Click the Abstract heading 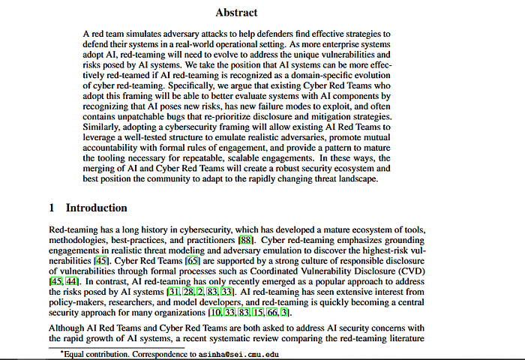pyautogui.click(x=236, y=12)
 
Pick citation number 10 pyautogui.click(x=215, y=311)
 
